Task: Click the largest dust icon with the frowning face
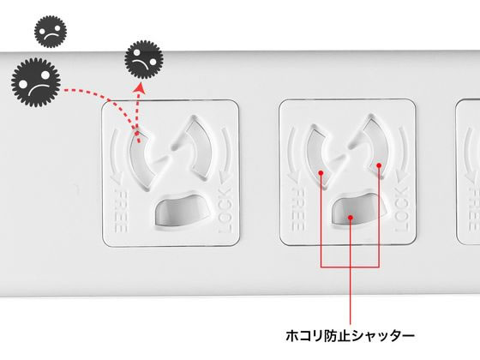33,83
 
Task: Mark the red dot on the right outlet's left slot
321,171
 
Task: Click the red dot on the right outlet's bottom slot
351,218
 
